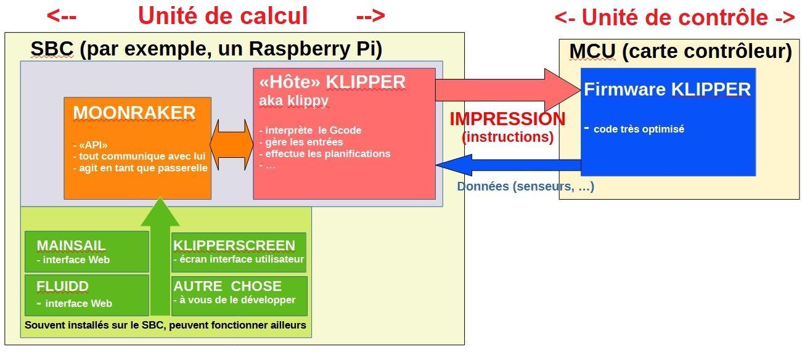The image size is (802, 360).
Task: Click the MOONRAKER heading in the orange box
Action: tap(134, 113)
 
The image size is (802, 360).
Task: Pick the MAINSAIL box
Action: tap(87, 252)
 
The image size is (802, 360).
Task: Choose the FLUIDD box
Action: tap(87, 294)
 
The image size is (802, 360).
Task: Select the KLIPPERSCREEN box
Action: tap(239, 252)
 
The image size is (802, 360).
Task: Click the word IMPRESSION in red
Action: tap(507, 119)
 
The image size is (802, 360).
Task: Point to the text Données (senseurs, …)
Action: tap(525, 186)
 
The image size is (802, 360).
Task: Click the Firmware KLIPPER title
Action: tap(667, 90)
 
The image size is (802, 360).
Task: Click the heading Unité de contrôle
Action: tap(674, 18)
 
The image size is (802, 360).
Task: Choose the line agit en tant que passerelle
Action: tap(140, 168)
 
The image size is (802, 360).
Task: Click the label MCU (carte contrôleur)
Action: tap(680, 52)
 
